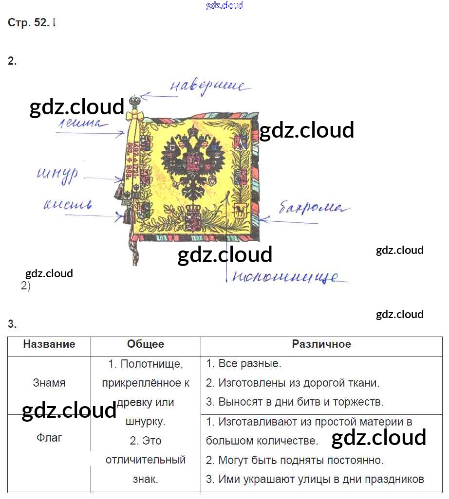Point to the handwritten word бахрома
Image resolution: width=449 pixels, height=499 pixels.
(x=314, y=208)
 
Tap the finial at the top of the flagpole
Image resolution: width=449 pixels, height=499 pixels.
(x=134, y=102)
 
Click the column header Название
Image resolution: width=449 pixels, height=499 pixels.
(x=49, y=344)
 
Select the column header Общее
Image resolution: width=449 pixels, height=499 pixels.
(x=146, y=344)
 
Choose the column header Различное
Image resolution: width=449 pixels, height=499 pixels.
(x=321, y=344)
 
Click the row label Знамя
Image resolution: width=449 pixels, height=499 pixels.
(x=49, y=383)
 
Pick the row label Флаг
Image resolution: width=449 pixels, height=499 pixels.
(x=49, y=438)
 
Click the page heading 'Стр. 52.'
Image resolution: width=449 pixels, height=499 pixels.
(x=28, y=23)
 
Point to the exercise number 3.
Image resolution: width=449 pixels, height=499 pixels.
(x=12, y=324)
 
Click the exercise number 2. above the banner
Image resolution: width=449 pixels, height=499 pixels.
(x=12, y=61)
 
